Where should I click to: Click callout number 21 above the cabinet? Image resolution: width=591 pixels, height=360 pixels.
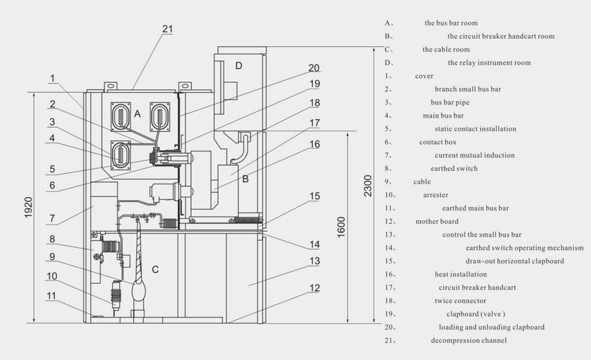(x=167, y=29)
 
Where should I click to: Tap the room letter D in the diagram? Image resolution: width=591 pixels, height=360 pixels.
(x=239, y=66)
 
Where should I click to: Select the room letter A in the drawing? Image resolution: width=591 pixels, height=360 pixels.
(x=137, y=114)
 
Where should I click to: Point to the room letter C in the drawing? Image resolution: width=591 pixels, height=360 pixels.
(x=156, y=270)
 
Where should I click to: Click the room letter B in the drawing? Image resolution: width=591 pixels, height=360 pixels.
(x=245, y=179)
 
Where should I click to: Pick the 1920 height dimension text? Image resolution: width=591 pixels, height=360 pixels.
(x=28, y=207)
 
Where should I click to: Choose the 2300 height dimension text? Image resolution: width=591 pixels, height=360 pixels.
(x=368, y=186)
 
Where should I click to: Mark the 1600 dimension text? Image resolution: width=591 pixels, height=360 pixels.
(x=341, y=227)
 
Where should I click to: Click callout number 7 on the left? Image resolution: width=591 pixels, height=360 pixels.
(x=52, y=218)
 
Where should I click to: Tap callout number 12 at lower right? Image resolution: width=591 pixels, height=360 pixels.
(x=314, y=288)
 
